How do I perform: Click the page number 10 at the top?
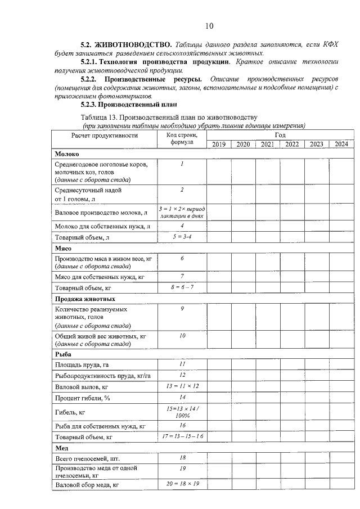(209, 25)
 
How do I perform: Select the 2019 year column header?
(219, 145)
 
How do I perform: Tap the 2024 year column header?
(341, 145)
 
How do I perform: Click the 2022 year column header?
(292, 145)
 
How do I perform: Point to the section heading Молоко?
(67, 154)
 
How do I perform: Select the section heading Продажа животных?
(85, 299)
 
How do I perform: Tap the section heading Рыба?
(63, 354)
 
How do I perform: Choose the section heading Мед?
(61, 448)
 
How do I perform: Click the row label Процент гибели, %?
(83, 398)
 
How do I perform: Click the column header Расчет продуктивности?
(104, 136)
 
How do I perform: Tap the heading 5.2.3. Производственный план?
(129, 104)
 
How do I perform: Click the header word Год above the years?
(280, 136)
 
